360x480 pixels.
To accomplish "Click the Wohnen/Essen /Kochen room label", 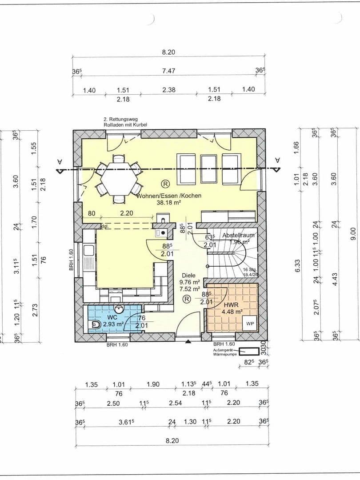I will (169, 196).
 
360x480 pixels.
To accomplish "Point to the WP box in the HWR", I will (250, 324).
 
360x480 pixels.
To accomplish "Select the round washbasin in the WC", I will (119, 309).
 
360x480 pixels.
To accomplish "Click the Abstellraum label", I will (239, 235).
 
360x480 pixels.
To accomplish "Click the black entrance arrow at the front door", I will (188, 342).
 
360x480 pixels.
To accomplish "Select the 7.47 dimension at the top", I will (168, 71).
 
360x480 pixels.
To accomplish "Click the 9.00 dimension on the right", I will (353, 231).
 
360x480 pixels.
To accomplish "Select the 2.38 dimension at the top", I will (169, 90).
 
